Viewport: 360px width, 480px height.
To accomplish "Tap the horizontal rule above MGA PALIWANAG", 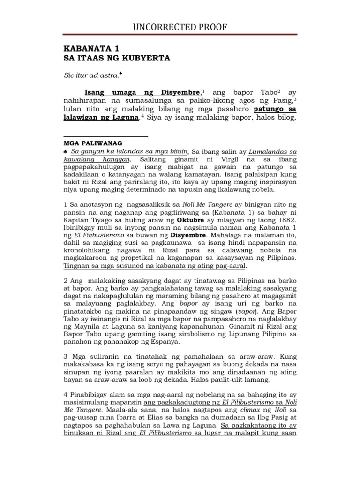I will [x=105, y=136].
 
